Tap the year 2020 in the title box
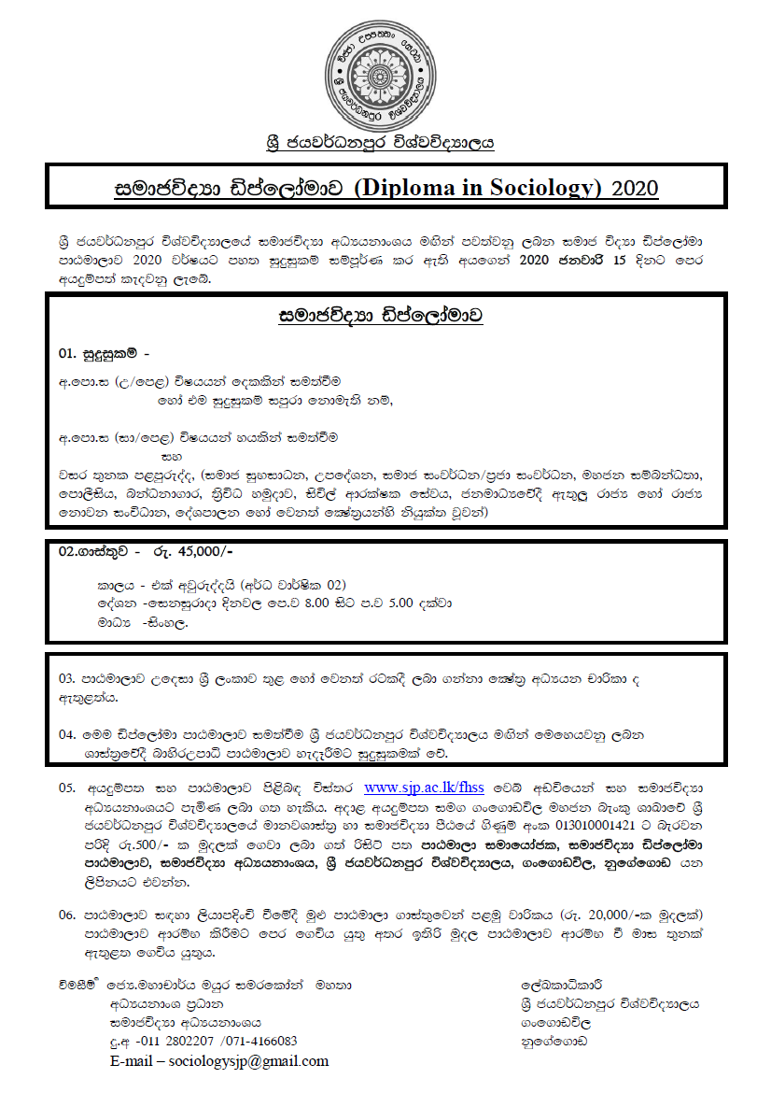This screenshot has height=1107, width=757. [x=635, y=188]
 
